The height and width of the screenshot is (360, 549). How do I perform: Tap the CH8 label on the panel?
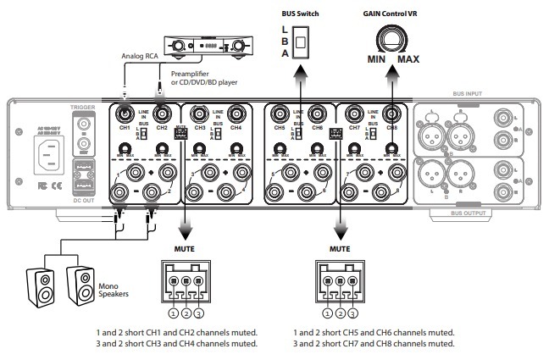(391, 128)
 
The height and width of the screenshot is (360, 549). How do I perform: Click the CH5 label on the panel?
(280, 128)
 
